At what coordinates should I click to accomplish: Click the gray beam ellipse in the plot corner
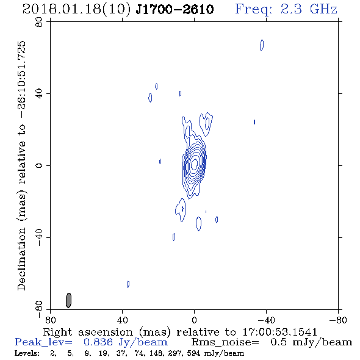68,300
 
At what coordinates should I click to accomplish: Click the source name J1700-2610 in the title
175,9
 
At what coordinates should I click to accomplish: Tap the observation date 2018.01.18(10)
77,9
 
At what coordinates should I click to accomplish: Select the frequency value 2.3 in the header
291,9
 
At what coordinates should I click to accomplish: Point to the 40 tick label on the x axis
122,320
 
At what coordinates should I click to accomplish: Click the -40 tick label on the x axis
266,320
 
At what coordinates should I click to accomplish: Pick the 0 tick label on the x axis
194,320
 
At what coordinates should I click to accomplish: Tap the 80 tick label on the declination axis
39,22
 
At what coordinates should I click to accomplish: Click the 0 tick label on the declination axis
39,165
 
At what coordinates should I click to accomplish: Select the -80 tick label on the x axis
338,320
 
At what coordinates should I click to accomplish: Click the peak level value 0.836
98,342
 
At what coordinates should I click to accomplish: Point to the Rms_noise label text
225,342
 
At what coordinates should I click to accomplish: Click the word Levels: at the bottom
27,353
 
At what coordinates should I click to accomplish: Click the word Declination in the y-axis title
21,259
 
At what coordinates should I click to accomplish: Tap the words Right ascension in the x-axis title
88,332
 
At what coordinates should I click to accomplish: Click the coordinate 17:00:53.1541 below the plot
279,332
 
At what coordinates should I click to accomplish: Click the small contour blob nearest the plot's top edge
262,45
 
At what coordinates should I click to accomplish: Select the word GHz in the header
323,9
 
